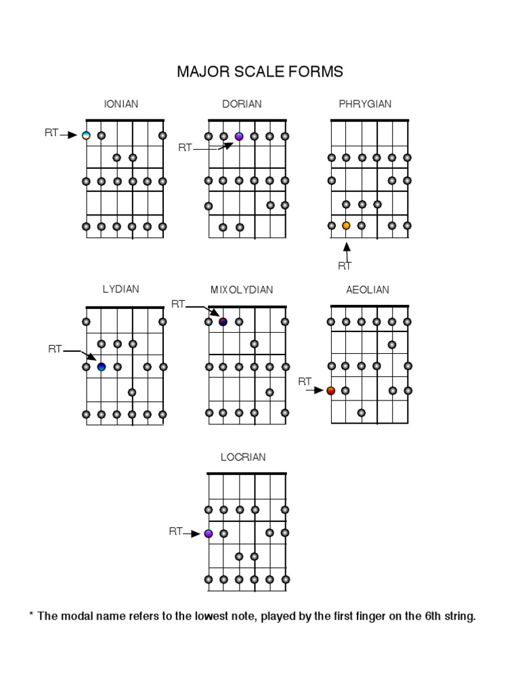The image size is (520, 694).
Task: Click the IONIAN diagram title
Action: [x=121, y=104]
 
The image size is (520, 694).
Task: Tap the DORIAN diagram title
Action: [x=242, y=104]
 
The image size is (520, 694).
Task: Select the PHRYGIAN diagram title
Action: [x=365, y=104]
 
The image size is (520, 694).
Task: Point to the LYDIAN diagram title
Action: [x=121, y=289]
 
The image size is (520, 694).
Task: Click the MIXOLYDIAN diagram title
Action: [x=242, y=289]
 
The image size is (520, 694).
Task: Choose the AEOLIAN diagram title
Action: [x=368, y=289]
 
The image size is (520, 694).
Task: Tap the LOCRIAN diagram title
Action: [x=243, y=457]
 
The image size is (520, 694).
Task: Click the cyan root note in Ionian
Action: [x=86, y=136]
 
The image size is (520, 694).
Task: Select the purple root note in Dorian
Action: [x=239, y=136]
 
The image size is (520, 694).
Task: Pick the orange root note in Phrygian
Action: [x=346, y=226]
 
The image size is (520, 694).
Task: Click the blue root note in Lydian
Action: [x=102, y=367]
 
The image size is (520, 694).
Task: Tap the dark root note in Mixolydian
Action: [x=223, y=321]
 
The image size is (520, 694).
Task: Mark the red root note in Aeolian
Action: [x=331, y=390]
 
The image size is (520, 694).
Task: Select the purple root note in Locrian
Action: [x=209, y=533]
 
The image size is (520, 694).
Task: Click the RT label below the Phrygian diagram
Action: [x=345, y=266]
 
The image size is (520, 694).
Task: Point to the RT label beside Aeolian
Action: [x=305, y=382]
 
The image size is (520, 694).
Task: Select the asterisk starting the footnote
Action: [x=31, y=615]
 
